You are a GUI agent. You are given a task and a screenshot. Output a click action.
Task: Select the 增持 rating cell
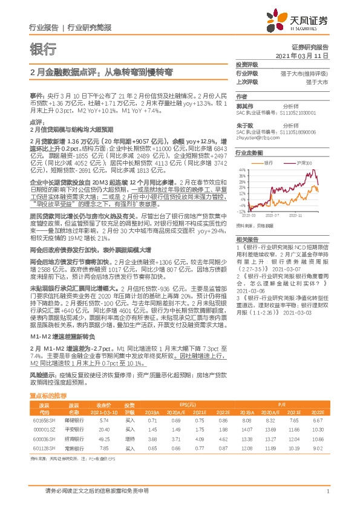tap(129, 438)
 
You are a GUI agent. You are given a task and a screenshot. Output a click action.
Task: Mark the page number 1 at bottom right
tap(327, 491)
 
